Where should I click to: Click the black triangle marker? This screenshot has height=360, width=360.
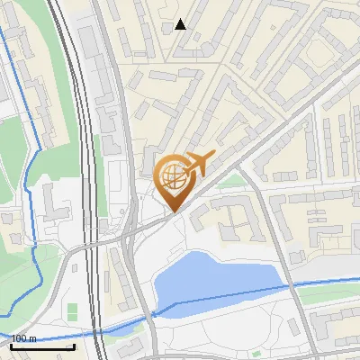(x=181, y=24)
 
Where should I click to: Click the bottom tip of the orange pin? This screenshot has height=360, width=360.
(x=174, y=211)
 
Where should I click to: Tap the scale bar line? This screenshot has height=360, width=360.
(x=42, y=346)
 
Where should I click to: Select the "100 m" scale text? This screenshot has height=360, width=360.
(x=25, y=338)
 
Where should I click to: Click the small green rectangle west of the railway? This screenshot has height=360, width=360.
(x=72, y=311)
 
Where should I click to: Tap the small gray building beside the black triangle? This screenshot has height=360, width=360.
(x=167, y=28)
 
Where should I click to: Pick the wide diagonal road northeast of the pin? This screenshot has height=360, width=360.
(x=270, y=135)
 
